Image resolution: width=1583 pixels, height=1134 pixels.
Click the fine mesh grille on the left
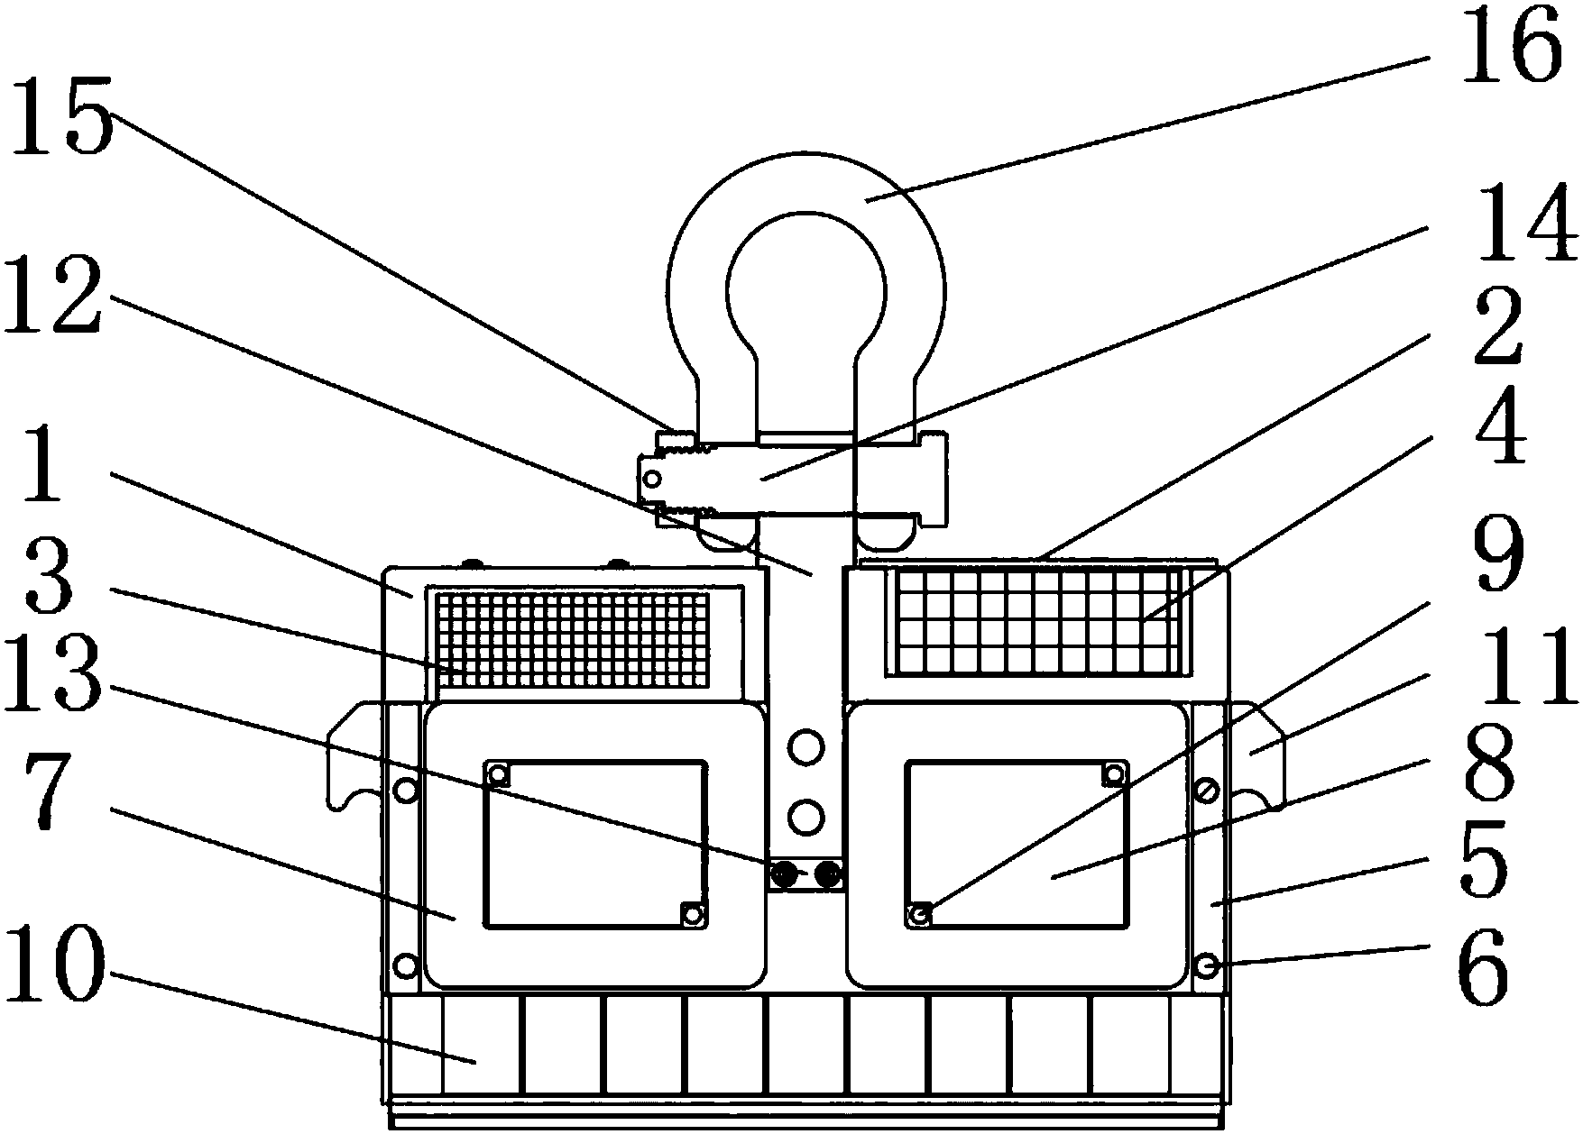(574, 637)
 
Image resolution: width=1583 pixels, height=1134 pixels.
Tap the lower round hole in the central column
(805, 817)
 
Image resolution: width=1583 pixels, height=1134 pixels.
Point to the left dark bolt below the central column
(784, 873)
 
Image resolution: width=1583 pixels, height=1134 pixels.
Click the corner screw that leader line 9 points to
(920, 915)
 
